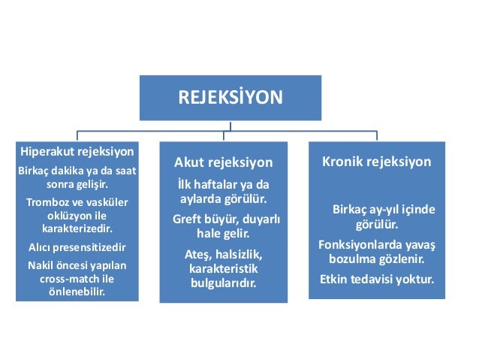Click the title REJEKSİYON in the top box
[230, 97]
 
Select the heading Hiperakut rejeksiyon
[77, 150]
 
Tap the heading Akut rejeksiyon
[223, 163]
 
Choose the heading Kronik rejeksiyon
[376, 162]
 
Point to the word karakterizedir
[77, 228]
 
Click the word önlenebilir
[77, 292]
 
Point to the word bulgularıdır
[223, 284]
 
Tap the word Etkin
[336, 280]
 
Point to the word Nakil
[42, 265]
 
